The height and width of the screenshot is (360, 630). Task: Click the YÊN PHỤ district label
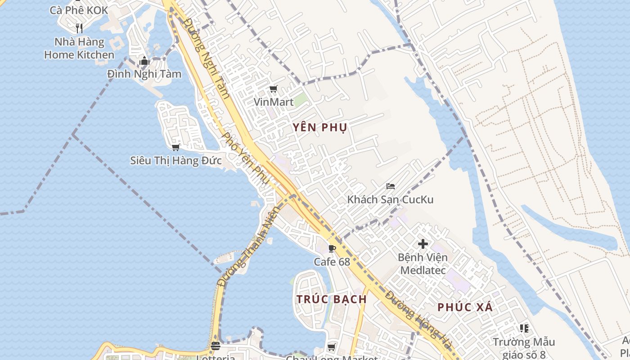[320, 128]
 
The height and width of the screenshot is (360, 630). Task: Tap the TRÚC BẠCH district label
[332, 299]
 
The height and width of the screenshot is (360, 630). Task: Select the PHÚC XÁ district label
[465, 308]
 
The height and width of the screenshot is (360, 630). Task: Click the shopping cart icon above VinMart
[273, 89]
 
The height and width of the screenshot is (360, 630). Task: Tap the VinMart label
[274, 102]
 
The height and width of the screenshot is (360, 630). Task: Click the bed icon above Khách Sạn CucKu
[391, 186]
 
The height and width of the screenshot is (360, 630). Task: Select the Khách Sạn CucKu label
[390, 199]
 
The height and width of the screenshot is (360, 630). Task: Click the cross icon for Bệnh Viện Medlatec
[423, 244]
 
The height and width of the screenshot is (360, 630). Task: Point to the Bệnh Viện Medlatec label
[423, 264]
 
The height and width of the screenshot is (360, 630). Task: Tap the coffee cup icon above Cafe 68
[332, 248]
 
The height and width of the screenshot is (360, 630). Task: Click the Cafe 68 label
[332, 261]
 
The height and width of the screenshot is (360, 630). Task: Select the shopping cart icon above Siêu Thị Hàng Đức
[176, 147]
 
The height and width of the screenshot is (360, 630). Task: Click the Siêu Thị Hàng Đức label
[176, 160]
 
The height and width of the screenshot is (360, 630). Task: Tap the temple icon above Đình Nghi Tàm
[144, 61]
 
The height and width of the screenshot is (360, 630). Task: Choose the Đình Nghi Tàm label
[144, 74]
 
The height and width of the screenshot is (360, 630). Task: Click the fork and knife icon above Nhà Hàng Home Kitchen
[79, 28]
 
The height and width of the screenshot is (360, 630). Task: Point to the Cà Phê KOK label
[79, 10]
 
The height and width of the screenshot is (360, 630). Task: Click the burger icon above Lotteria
[216, 346]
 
